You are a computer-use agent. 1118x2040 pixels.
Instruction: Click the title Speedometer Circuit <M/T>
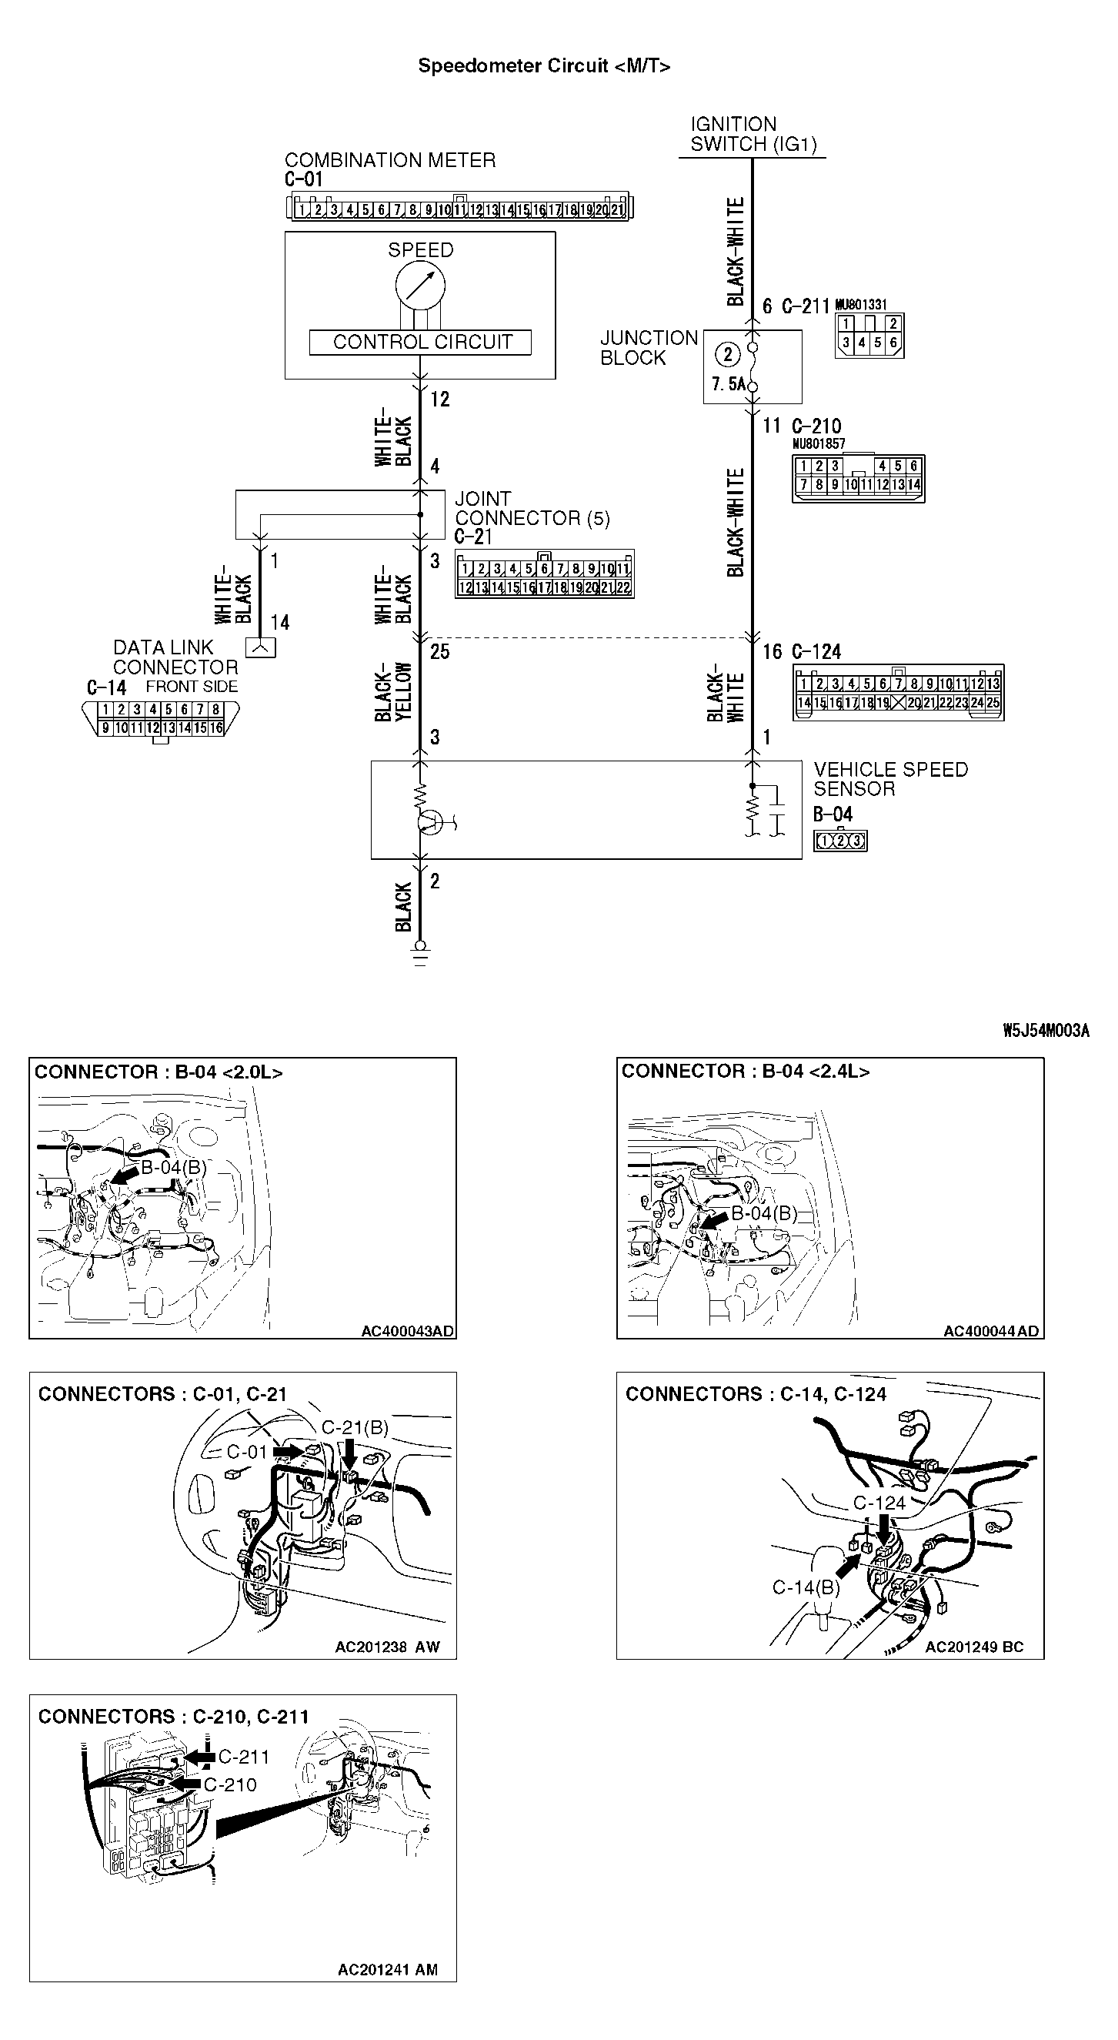coord(544,65)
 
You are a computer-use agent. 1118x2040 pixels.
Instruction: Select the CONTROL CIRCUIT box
coord(420,342)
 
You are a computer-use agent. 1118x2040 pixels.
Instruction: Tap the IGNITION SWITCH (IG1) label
coord(752,135)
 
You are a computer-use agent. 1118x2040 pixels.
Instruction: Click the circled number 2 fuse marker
coord(728,353)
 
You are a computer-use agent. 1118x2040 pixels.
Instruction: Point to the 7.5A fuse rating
coord(728,384)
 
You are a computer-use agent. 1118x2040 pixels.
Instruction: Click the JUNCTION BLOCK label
coord(648,348)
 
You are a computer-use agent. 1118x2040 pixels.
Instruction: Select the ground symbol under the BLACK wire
coord(420,954)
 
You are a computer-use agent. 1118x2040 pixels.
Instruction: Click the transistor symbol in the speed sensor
coord(430,822)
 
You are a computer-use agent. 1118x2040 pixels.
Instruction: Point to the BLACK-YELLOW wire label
coord(393,691)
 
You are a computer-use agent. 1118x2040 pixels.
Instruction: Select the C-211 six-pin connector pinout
coord(869,334)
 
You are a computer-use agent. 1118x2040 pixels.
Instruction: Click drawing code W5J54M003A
coord(1045,1030)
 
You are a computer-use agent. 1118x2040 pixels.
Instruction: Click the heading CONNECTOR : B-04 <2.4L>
coord(745,1072)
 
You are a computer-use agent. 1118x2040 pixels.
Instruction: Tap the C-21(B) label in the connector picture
coord(355,1427)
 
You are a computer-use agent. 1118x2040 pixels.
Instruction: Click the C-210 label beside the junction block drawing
coord(229,1784)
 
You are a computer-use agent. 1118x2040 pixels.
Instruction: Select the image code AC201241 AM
coord(387,1969)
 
